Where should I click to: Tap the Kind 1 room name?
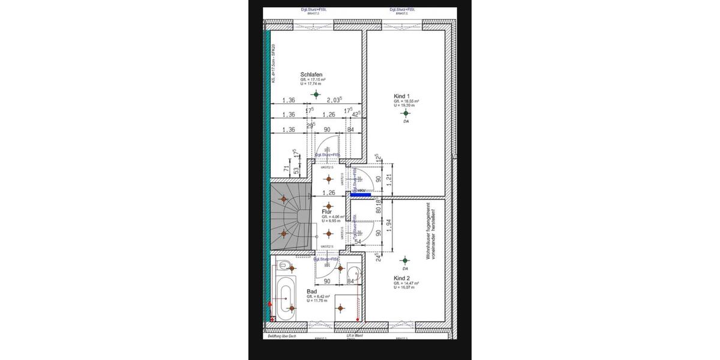click(x=401, y=96)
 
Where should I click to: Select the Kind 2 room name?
click(x=401, y=278)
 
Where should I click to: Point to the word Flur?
click(x=327, y=212)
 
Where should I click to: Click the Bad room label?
click(x=311, y=291)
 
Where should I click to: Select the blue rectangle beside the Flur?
click(x=360, y=194)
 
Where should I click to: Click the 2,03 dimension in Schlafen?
click(x=334, y=100)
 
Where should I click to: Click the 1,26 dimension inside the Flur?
click(x=328, y=193)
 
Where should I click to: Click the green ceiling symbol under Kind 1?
click(x=406, y=113)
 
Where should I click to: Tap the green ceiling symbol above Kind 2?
click(x=404, y=260)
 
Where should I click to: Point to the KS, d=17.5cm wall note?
click(x=273, y=63)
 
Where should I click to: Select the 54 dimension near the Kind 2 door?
click(x=358, y=241)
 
